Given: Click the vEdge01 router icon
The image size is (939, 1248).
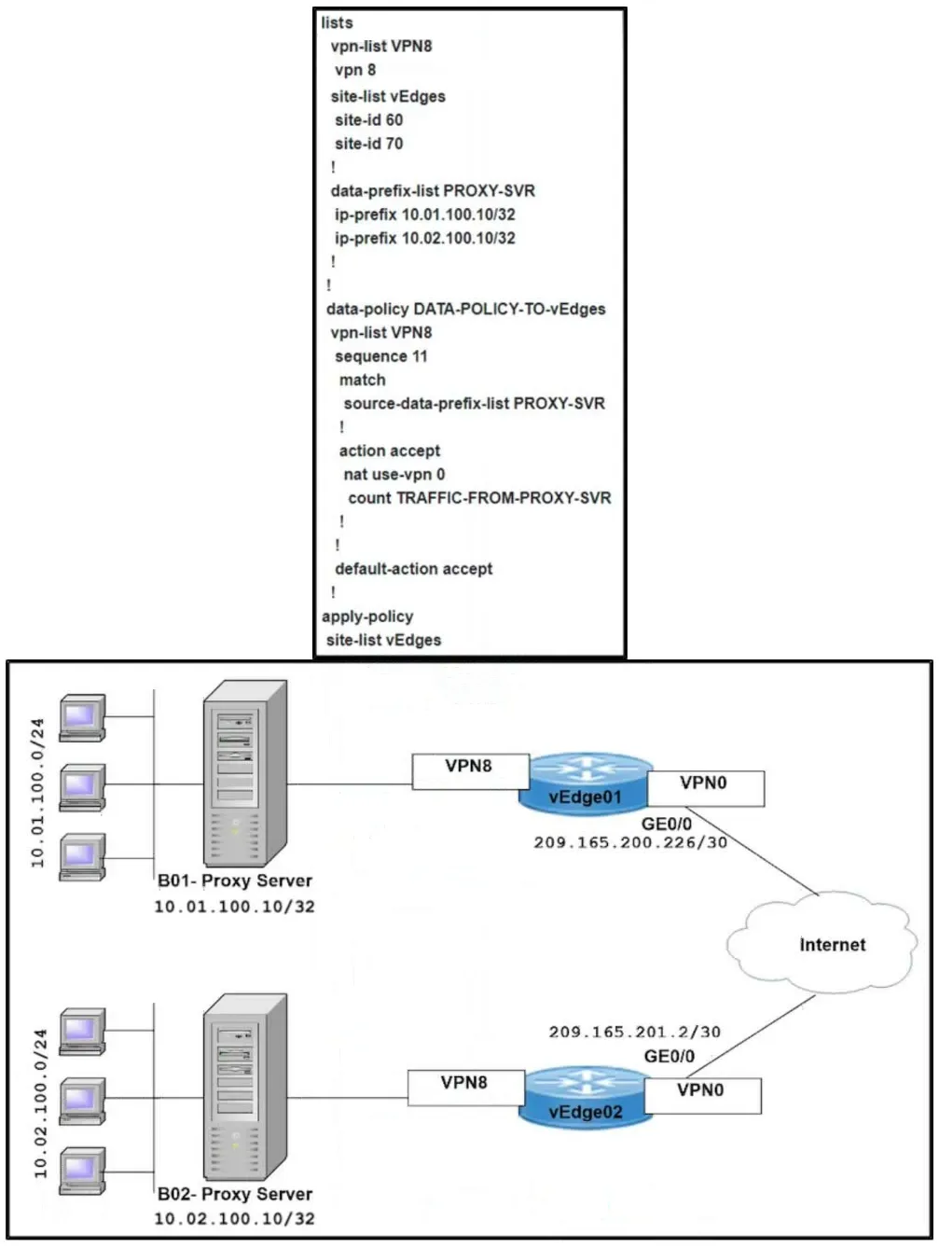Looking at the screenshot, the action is tap(586, 784).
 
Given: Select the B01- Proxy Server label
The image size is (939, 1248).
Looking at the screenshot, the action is tap(235, 881).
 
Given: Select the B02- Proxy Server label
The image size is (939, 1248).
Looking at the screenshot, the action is tap(235, 1194).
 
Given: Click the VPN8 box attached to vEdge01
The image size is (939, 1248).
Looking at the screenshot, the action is tap(471, 771).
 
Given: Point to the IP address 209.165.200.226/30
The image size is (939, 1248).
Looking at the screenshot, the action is tap(630, 842).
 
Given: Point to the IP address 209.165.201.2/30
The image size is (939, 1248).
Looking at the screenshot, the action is tap(635, 1032).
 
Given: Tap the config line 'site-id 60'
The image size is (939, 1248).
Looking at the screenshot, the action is tap(369, 120).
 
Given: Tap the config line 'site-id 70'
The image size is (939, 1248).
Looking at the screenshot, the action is tap(369, 144).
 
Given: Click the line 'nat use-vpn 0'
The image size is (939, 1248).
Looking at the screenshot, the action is tap(394, 474).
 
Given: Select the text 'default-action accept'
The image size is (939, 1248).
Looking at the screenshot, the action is tap(414, 569).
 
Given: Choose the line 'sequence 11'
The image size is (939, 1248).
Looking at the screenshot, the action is tap(380, 356).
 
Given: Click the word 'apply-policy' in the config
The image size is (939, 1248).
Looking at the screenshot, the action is tap(367, 617).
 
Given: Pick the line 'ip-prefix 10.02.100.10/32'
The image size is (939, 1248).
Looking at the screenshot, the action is tap(425, 238).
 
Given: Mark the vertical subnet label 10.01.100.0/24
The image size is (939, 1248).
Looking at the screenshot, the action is tap(37, 793).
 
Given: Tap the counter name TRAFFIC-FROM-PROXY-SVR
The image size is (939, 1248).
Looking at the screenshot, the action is tap(504, 498).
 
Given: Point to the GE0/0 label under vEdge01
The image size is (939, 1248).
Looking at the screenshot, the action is tap(667, 824).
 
